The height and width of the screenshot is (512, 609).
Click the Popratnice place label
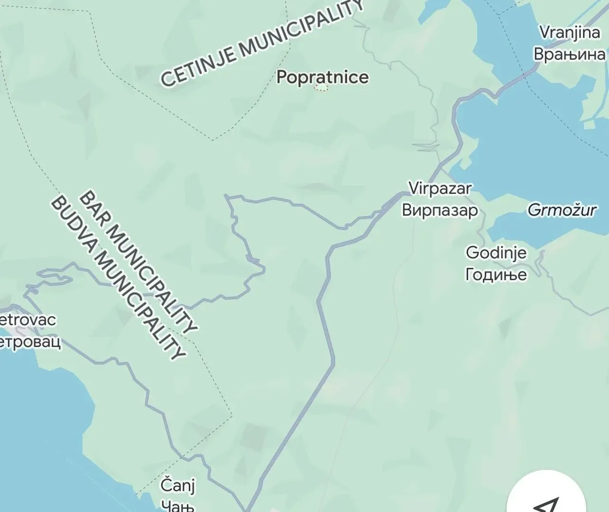pos(322,77)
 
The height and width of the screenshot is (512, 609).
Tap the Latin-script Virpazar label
pos(440,188)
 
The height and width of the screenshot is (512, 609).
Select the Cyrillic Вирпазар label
pos(440,210)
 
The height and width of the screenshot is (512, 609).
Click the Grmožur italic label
pos(562,210)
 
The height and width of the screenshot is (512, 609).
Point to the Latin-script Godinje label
pos(496,253)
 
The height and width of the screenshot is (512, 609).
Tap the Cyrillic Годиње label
pos(496,274)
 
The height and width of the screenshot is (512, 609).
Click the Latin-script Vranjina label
pos(570,32)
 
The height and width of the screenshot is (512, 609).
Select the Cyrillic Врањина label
pos(570,54)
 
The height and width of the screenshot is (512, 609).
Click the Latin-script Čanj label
pos(177,485)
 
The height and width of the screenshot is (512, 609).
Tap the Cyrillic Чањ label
pos(177,505)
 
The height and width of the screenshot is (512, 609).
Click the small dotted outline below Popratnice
pos(322,88)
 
